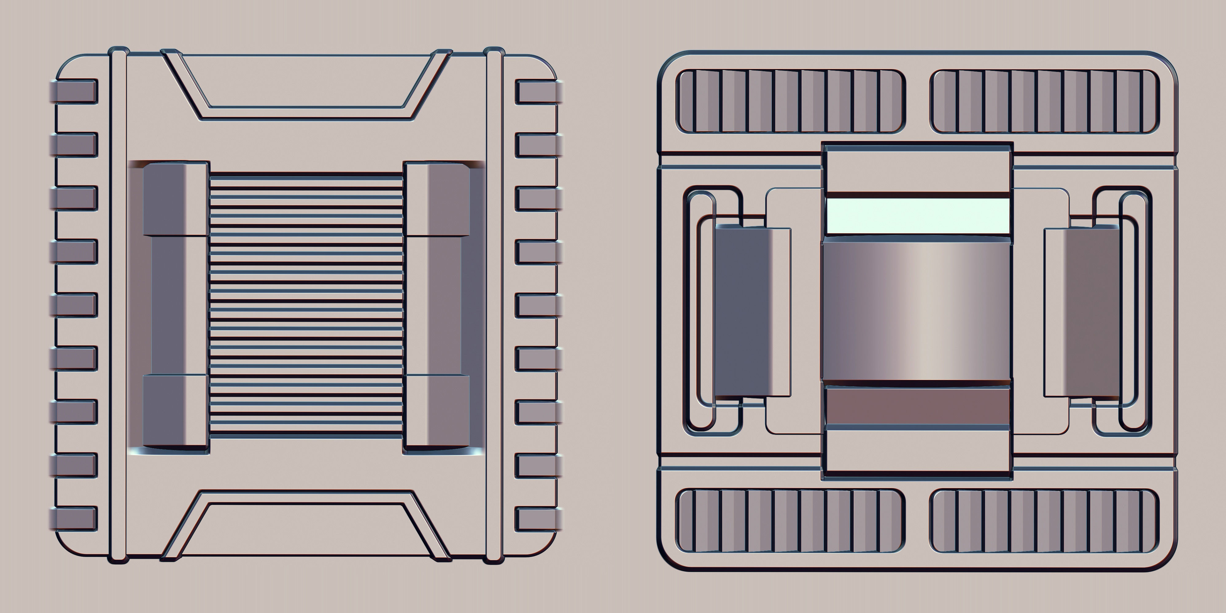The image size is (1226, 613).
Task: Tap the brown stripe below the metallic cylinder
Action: click(x=917, y=406)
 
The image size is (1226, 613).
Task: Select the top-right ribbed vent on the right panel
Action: click(x=1044, y=101)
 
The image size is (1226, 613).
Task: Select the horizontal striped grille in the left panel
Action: click(x=306, y=305)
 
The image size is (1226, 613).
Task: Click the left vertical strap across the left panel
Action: click(x=118, y=305)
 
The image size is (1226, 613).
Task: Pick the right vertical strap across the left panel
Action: click(x=494, y=305)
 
